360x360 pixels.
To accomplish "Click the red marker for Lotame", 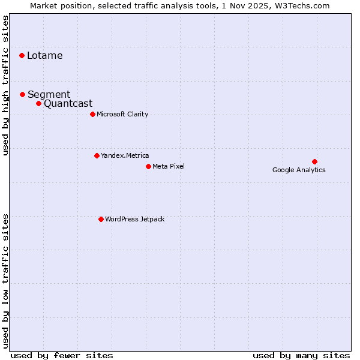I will click(22, 55).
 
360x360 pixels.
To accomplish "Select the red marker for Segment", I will click(22, 94).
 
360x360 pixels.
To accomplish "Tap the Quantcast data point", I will click(38, 103).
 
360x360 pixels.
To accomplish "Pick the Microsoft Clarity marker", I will click(92, 114).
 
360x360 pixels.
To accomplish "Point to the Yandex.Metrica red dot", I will click(97, 155).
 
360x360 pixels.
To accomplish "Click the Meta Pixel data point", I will click(148, 166).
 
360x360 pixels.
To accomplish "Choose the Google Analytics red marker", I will click(314, 161).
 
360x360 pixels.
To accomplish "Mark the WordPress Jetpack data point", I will click(101, 219).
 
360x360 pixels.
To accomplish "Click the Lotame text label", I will click(44, 56).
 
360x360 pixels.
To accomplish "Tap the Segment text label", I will click(49, 94).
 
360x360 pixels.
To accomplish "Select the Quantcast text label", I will click(68, 103).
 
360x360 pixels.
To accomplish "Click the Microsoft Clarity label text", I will click(122, 114).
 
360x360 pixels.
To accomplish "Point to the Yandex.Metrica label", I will click(125, 155).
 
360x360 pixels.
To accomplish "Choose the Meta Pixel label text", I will click(169, 166).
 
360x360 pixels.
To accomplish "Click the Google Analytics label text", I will click(299, 170).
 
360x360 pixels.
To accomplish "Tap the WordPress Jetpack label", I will click(134, 219).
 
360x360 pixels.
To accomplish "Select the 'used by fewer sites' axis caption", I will click(62, 355).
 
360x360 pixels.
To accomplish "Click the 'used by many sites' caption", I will click(301, 355).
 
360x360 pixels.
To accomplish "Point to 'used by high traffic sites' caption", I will click(6, 85).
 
